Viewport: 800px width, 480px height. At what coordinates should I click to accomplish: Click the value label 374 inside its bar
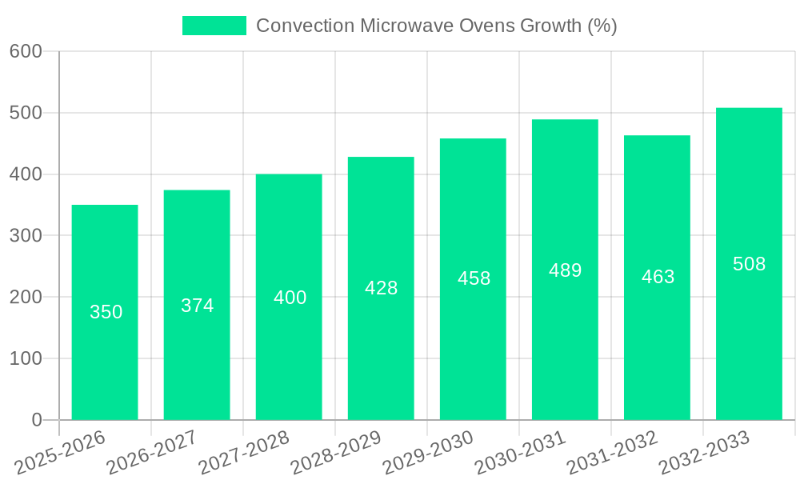[197, 306]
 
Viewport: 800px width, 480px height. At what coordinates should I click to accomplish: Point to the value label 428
[381, 288]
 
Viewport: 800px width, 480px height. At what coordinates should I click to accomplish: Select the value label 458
[474, 278]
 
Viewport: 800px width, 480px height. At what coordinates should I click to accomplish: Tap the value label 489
[565, 270]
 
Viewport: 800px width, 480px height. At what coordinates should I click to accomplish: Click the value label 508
[749, 264]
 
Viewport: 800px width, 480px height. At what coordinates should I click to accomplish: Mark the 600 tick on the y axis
[26, 51]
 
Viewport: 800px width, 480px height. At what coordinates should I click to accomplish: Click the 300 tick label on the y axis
[26, 236]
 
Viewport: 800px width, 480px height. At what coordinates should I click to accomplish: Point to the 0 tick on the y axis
[36, 420]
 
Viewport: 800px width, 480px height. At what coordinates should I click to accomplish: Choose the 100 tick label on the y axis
[26, 358]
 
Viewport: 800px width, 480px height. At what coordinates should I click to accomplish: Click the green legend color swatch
[214, 26]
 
